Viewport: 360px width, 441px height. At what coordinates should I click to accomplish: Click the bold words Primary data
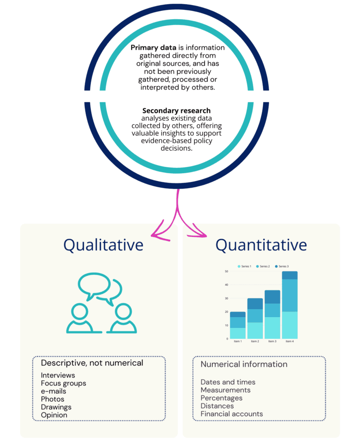point(153,48)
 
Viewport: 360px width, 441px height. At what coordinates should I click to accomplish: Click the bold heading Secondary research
point(177,111)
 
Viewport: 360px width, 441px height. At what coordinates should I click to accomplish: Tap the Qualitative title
point(104,245)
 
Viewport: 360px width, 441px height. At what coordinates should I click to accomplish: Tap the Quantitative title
point(261,245)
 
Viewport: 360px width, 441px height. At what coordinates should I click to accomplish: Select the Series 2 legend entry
point(263,266)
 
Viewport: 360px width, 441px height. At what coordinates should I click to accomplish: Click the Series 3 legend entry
point(282,266)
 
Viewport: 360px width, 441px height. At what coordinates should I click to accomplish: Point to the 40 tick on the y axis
point(226,285)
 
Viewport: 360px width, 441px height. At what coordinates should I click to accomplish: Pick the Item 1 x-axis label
point(238,342)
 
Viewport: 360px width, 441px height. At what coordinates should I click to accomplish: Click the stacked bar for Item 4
point(290,305)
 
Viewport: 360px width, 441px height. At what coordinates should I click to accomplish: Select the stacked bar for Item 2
point(255,319)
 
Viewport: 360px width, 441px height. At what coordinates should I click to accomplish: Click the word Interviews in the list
point(58,375)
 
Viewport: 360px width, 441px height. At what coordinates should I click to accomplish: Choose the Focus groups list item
point(63,383)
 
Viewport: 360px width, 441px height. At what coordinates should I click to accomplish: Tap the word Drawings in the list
point(56,407)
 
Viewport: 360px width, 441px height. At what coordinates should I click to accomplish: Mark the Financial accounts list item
point(232,414)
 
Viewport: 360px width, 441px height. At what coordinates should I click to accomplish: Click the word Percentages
point(221,398)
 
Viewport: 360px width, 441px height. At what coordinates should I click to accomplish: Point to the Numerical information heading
point(244,364)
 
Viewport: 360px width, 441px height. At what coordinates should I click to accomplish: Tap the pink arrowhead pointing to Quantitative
point(199,232)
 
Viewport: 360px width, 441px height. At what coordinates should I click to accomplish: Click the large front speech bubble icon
point(94,285)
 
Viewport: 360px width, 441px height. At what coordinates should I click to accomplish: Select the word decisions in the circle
point(177,148)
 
